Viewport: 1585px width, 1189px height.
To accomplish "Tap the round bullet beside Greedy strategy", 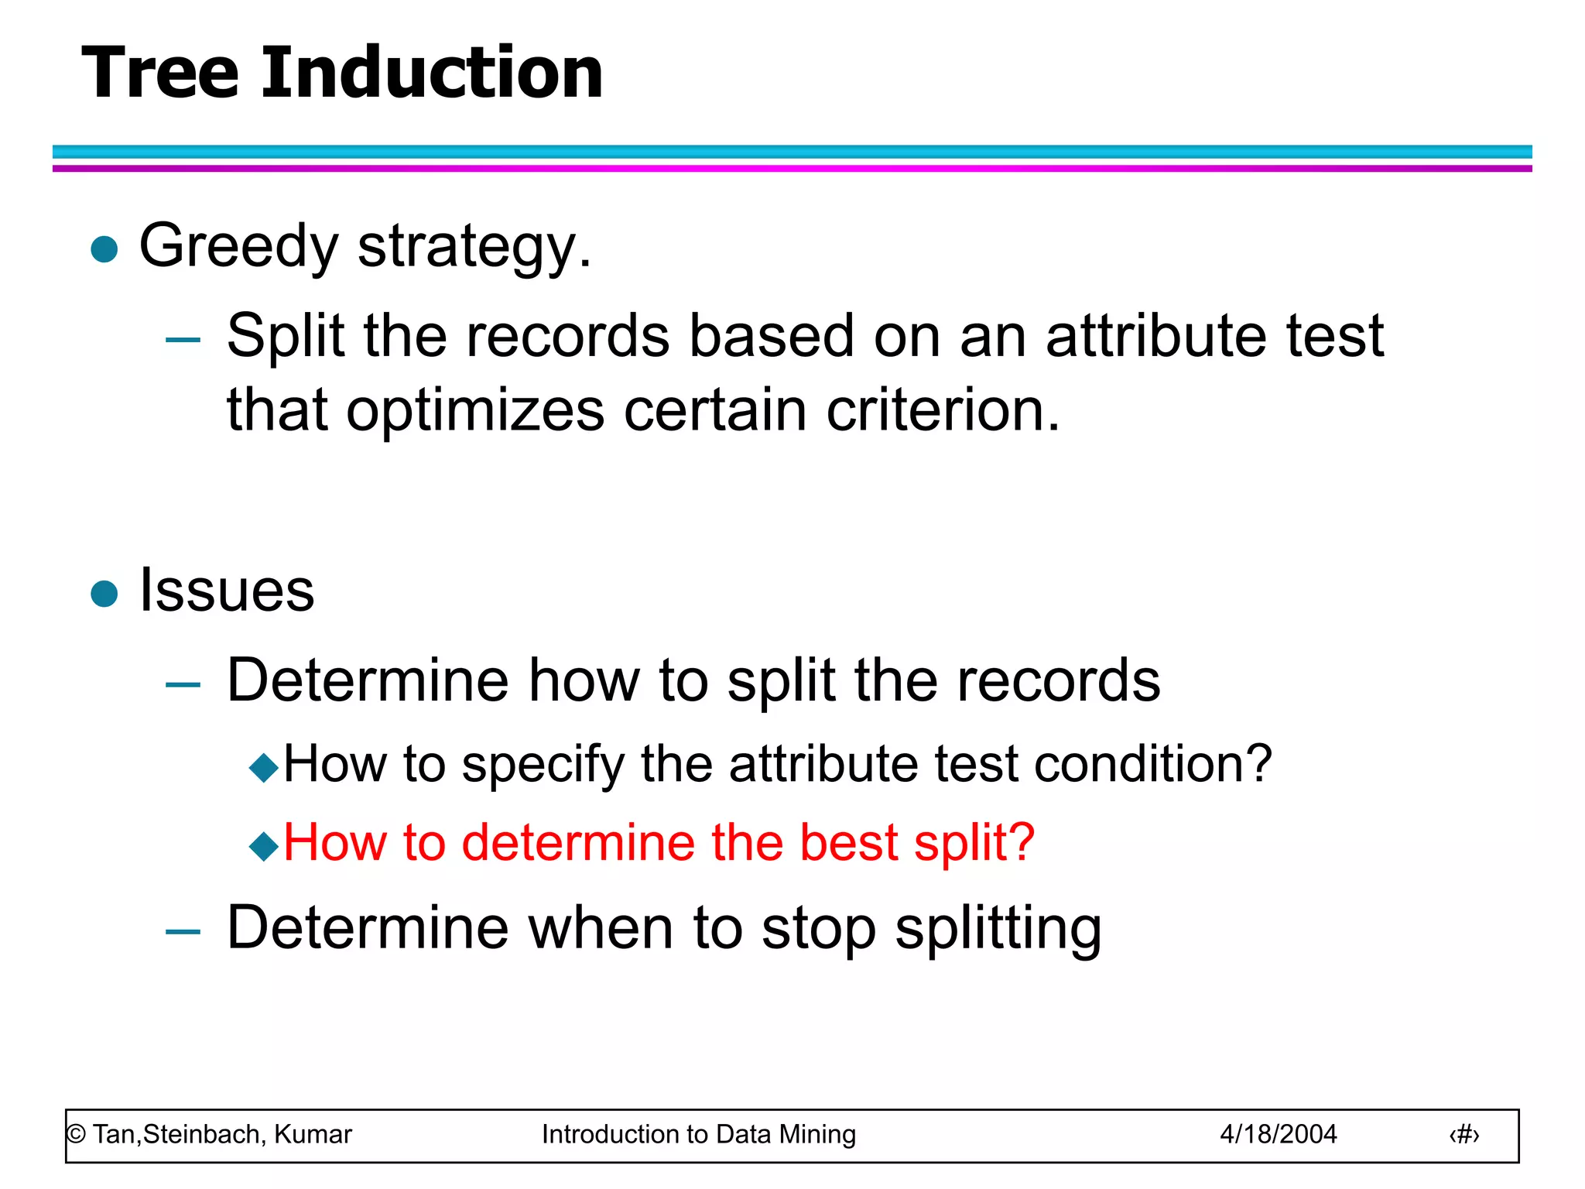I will [x=104, y=249].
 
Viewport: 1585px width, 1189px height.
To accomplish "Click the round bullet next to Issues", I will [x=104, y=594].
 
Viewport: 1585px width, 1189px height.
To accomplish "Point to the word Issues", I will [x=227, y=591].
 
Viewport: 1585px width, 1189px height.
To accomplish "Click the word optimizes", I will [x=474, y=411].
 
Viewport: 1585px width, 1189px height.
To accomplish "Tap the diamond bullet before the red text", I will [x=264, y=846].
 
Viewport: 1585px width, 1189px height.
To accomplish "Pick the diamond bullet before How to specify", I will [x=264, y=767].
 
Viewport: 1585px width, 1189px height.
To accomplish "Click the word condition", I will [x=1152, y=765].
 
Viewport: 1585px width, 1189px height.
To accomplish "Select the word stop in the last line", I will [x=819, y=930].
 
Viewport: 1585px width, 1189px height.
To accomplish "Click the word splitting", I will [x=998, y=930].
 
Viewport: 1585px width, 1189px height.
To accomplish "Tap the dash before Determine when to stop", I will [x=183, y=932].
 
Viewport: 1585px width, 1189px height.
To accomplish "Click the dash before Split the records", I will [x=183, y=339].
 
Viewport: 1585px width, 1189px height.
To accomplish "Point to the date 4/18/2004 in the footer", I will [x=1278, y=1135].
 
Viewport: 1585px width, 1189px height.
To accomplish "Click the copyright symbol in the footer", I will [x=76, y=1135].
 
